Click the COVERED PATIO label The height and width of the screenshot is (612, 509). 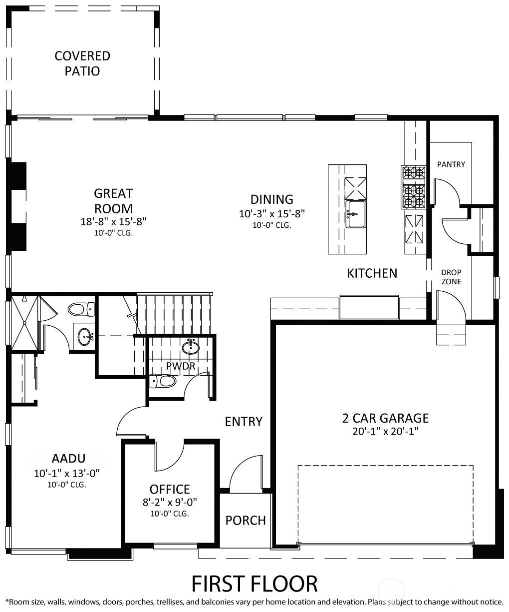coord(82,63)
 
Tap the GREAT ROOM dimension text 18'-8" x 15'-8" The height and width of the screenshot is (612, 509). coord(113,222)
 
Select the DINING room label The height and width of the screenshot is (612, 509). coord(272,199)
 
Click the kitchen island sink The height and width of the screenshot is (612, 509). coord(356,214)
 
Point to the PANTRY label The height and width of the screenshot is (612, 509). coord(451,164)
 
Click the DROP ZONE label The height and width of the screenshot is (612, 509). coord(451,277)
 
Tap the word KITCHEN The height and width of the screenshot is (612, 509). coord(372,273)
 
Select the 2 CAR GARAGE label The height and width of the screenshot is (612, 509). coord(385,418)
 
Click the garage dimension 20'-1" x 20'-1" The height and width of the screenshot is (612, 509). coord(385,432)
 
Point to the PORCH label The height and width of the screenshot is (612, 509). coord(246,521)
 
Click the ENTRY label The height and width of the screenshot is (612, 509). coord(244,422)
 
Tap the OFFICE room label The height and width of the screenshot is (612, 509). coord(170,489)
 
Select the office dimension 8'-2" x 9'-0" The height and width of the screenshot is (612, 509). coord(170,503)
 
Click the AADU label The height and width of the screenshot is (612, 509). coord(68,459)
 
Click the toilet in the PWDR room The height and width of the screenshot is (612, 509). coord(163,381)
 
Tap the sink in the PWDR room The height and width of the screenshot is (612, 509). coord(191,347)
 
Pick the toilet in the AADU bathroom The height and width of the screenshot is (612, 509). coord(81,309)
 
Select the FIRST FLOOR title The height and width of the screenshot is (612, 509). coord(254,584)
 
